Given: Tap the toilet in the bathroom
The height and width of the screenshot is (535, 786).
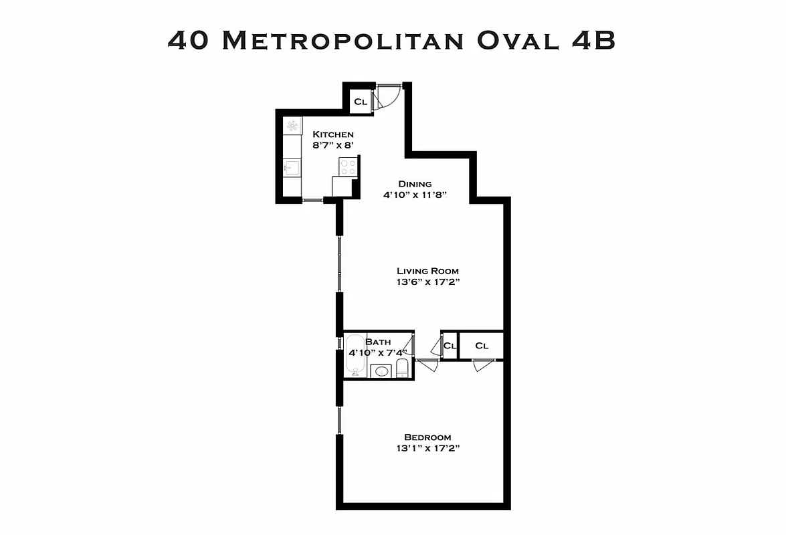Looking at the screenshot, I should pyautogui.click(x=402, y=368).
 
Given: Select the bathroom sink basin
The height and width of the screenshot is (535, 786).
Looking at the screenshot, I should pyautogui.click(x=381, y=370).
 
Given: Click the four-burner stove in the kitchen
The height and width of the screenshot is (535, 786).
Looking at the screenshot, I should pyautogui.click(x=348, y=166).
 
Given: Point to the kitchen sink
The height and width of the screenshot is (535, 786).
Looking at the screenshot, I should pyautogui.click(x=292, y=167).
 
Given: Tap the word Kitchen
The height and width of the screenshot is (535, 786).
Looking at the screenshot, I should pyautogui.click(x=333, y=134).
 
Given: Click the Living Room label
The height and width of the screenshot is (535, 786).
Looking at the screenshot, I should pyautogui.click(x=428, y=271).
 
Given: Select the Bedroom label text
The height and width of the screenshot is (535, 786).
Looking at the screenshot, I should pyautogui.click(x=428, y=437).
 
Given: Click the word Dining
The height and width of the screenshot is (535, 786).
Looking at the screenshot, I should pyautogui.click(x=415, y=184).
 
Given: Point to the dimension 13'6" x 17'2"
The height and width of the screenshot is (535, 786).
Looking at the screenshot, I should pyautogui.click(x=428, y=282).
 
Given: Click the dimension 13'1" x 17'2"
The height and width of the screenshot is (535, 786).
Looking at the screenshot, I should pyautogui.click(x=428, y=449).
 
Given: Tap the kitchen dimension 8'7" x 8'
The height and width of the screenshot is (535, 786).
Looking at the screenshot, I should pyautogui.click(x=333, y=145).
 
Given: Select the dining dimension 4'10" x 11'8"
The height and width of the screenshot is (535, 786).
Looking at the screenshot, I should pyautogui.click(x=415, y=195).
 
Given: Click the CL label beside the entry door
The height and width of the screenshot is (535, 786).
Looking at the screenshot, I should pyautogui.click(x=361, y=102).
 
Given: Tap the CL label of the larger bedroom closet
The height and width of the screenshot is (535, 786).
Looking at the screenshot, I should pyautogui.click(x=482, y=346).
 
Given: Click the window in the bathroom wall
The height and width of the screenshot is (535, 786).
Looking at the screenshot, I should pyautogui.click(x=340, y=343).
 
